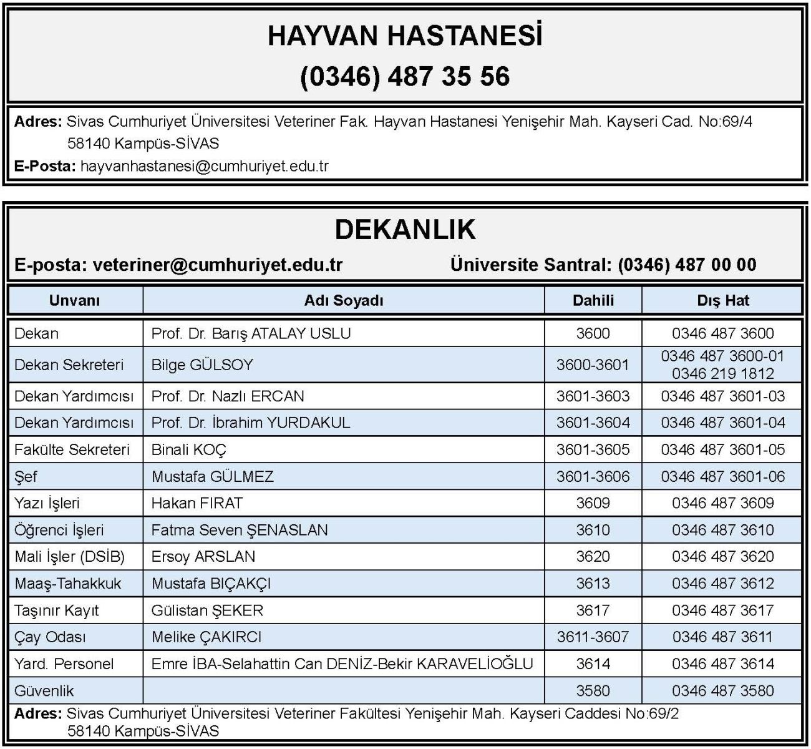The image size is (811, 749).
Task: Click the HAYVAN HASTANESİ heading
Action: pyautogui.click(x=405, y=36)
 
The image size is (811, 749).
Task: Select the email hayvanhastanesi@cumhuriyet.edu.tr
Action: pyautogui.click(x=205, y=166)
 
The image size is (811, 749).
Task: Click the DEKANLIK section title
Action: pyautogui.click(x=405, y=229)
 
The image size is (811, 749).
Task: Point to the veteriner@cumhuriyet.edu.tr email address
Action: pyautogui.click(x=218, y=265)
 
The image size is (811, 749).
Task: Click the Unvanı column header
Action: pyautogui.click(x=74, y=301)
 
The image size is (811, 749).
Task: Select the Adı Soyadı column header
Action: pyautogui.click(x=344, y=301)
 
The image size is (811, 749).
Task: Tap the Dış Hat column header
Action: pyautogui.click(x=722, y=301)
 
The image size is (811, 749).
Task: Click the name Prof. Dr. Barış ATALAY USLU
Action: pyautogui.click(x=251, y=333)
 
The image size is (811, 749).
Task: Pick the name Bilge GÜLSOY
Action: pyautogui.click(x=202, y=365)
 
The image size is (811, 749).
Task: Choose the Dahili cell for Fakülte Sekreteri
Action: pyautogui.click(x=593, y=449)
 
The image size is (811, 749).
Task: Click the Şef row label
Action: pyautogui.click(x=26, y=476)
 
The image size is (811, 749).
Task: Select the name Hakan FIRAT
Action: pyautogui.click(x=197, y=503)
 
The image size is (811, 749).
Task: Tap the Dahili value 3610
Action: pyautogui.click(x=593, y=530)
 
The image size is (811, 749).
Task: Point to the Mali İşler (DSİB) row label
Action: pyautogui.click(x=69, y=557)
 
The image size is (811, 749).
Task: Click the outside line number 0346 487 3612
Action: pyautogui.click(x=722, y=584)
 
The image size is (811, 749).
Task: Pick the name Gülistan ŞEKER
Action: pyautogui.click(x=207, y=610)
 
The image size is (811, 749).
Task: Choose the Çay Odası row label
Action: pyautogui.click(x=50, y=637)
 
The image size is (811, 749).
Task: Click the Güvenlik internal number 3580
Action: pyautogui.click(x=593, y=691)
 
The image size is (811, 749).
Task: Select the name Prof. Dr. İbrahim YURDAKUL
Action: pyautogui.click(x=251, y=423)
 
